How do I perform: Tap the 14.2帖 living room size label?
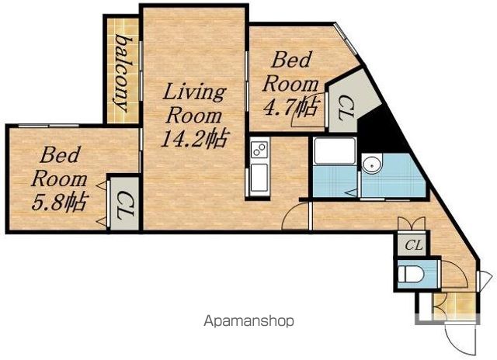[195, 139]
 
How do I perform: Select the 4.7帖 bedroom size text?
[290, 108]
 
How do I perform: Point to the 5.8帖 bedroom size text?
[59, 203]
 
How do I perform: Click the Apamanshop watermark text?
[248, 321]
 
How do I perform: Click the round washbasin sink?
[371, 164]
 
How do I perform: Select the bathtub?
[335, 151]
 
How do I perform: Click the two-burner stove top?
[259, 150]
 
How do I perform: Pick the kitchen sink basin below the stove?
[259, 178]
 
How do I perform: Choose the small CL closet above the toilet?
[413, 244]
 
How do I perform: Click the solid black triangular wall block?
[382, 130]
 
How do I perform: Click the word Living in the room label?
[194, 92]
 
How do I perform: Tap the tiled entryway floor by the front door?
[455, 306]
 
